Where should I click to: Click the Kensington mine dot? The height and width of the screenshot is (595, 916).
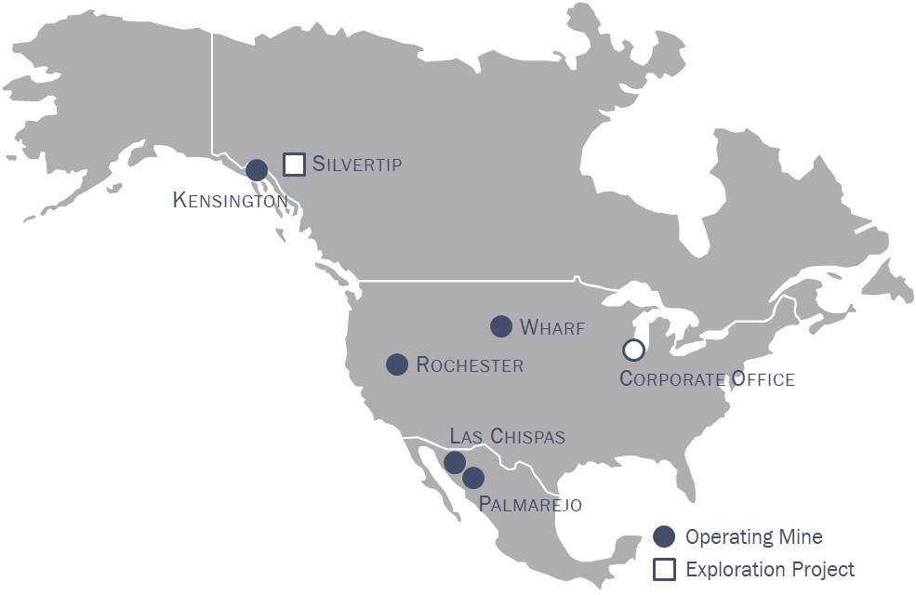[257, 169]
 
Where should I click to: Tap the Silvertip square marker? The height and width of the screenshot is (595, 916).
[294, 165]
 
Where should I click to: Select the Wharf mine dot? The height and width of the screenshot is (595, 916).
[501, 326]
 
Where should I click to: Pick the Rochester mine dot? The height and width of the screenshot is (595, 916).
[397, 364]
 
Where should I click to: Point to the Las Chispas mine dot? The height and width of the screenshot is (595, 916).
[455, 462]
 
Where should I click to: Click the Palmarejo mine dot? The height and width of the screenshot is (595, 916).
[473, 478]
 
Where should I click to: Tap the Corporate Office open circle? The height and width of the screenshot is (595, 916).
[633, 350]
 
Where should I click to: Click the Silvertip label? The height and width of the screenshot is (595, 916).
[357, 165]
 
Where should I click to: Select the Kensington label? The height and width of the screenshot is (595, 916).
[230, 200]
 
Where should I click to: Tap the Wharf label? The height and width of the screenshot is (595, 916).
[552, 327]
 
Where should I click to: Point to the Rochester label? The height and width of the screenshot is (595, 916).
[470, 365]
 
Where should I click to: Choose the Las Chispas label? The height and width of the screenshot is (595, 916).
[507, 436]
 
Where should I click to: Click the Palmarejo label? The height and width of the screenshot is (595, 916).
[530, 505]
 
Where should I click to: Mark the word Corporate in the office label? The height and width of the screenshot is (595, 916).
[671, 379]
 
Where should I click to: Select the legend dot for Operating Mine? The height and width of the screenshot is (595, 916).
[664, 536]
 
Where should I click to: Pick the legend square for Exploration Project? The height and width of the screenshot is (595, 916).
[664, 569]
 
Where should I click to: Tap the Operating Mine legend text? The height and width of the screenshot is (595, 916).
[754, 536]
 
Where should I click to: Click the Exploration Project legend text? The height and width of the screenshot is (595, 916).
[770, 569]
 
